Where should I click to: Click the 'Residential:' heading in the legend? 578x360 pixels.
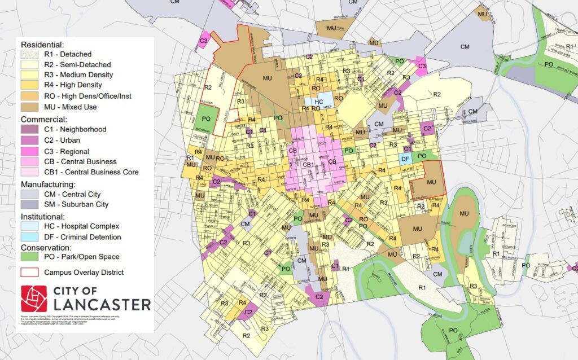43,44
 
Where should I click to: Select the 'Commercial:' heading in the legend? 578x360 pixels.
45,119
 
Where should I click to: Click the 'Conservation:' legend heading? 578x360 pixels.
46,247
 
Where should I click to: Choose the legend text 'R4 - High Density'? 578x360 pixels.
72,85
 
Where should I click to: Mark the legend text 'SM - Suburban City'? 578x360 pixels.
76,204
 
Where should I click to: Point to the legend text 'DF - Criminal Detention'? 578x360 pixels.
82,237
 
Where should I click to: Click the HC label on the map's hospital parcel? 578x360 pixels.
318,102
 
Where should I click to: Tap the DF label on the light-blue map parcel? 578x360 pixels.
404,160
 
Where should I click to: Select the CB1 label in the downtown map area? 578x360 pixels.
308,165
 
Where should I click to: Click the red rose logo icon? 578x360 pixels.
34,298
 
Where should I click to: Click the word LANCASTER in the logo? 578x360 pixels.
103,305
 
